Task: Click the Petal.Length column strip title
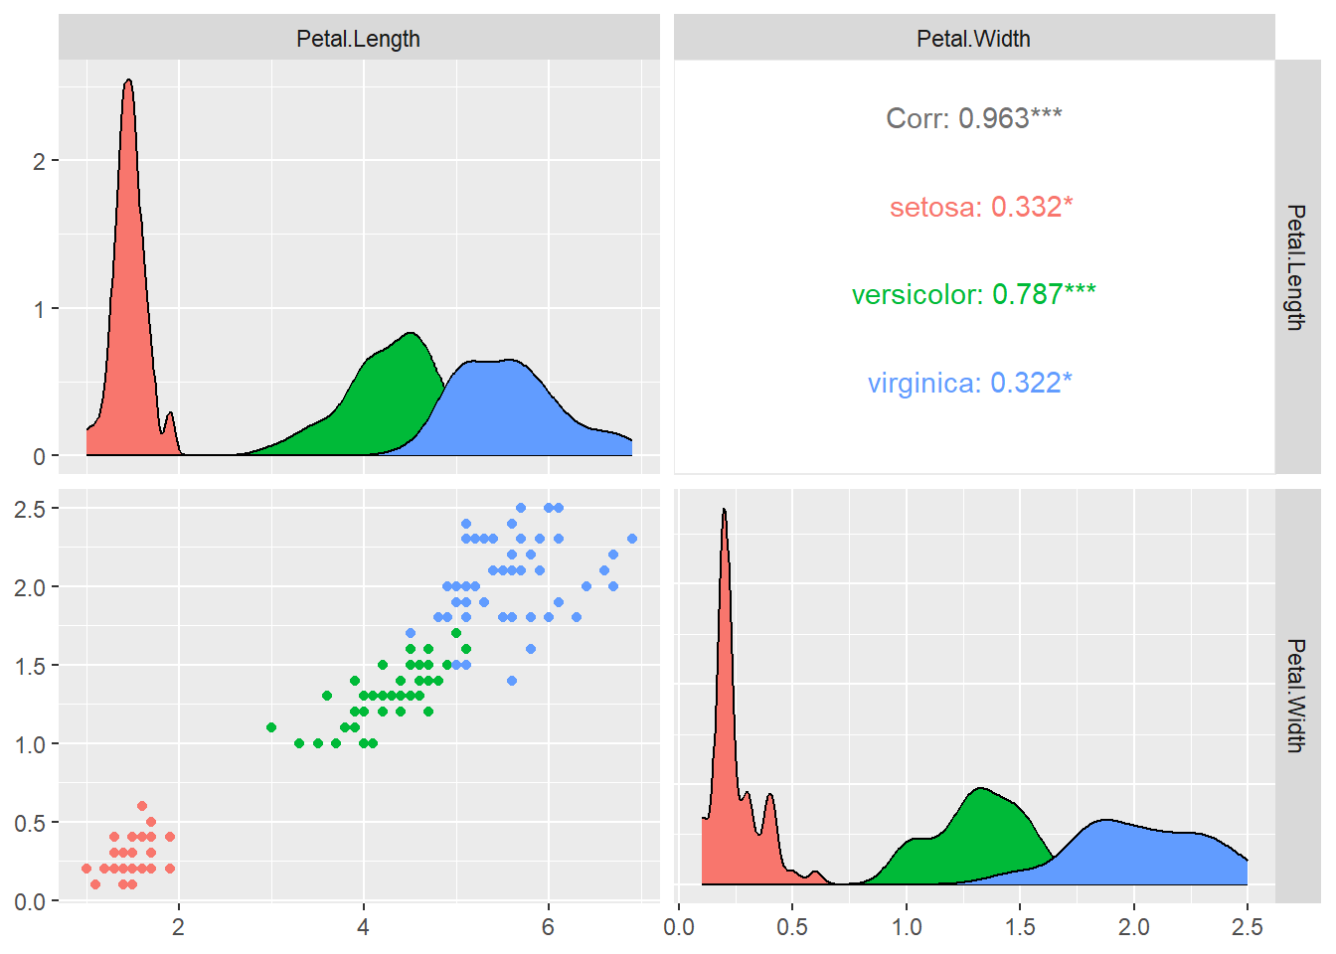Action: [x=358, y=39]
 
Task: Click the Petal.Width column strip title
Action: [x=973, y=39]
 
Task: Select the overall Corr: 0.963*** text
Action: [x=973, y=118]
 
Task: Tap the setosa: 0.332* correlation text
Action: [x=980, y=207]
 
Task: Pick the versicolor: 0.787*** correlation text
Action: [x=973, y=294]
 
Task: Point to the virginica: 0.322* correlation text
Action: [x=969, y=383]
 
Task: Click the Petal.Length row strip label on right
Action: [x=1295, y=266]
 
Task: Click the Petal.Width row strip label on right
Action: [x=1295, y=696]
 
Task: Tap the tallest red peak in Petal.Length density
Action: [x=128, y=81]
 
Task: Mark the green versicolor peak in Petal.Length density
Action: [x=411, y=334]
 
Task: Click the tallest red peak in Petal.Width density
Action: [x=724, y=511]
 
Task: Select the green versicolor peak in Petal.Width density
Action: [x=981, y=789]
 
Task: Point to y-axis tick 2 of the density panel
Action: [x=40, y=161]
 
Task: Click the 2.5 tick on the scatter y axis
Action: [x=30, y=509]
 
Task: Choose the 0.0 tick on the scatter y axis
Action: [x=30, y=901]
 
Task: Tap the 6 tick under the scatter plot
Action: [x=548, y=927]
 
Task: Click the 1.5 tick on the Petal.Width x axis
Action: [x=1020, y=927]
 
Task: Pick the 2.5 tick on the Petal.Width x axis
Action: [x=1247, y=927]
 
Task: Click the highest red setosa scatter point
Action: [x=142, y=806]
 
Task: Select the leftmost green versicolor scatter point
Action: [x=271, y=727]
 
